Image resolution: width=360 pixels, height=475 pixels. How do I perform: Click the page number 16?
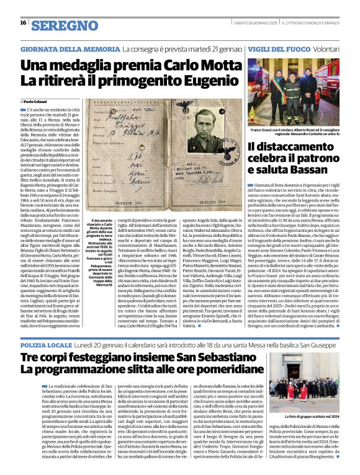click(x=22, y=23)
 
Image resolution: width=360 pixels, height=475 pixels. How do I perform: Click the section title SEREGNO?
click(x=61, y=25)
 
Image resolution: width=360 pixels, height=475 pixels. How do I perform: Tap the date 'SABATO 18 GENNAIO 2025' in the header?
click(x=252, y=23)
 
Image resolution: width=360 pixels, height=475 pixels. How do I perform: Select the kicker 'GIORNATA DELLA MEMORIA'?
click(x=61, y=48)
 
